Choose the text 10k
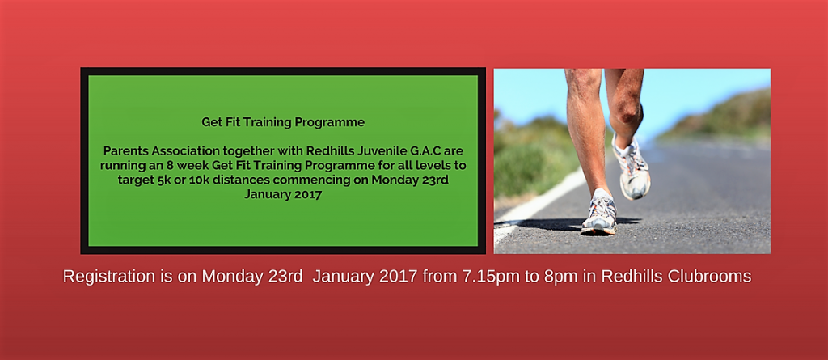click(x=184, y=180)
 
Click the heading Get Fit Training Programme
click(x=283, y=122)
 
